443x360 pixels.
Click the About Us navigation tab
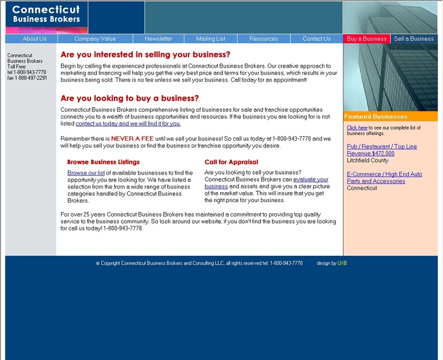tap(34, 39)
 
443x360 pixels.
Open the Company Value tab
tap(95, 39)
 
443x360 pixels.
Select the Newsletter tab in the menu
tap(158, 39)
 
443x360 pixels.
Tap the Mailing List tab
tap(210, 39)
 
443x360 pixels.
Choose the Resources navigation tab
tap(264, 39)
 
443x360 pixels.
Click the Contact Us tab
tap(317, 39)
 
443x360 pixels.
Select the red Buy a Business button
tap(367, 39)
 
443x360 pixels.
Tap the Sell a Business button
tap(414, 39)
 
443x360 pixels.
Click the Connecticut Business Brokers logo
tap(47, 17)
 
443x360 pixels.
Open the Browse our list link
tap(86, 173)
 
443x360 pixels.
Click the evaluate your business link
tap(310, 179)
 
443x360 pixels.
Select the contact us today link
tap(128, 124)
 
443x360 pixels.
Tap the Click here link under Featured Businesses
tap(357, 128)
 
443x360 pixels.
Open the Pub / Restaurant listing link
tap(382, 146)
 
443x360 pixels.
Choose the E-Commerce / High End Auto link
tap(384, 174)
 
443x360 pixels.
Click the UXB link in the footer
tap(342, 263)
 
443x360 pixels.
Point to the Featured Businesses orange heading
tap(375, 116)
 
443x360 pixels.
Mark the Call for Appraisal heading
tap(231, 162)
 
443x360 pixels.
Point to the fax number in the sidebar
tap(27, 78)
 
